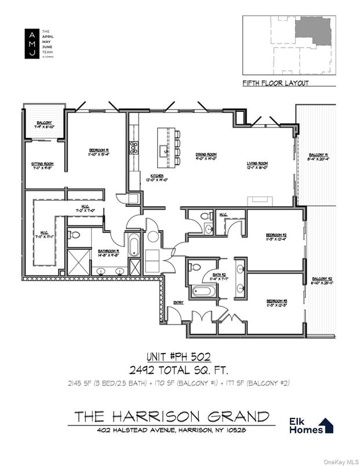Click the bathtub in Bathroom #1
coord(134,244)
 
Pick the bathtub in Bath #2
coord(202,292)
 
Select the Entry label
coord(179,303)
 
